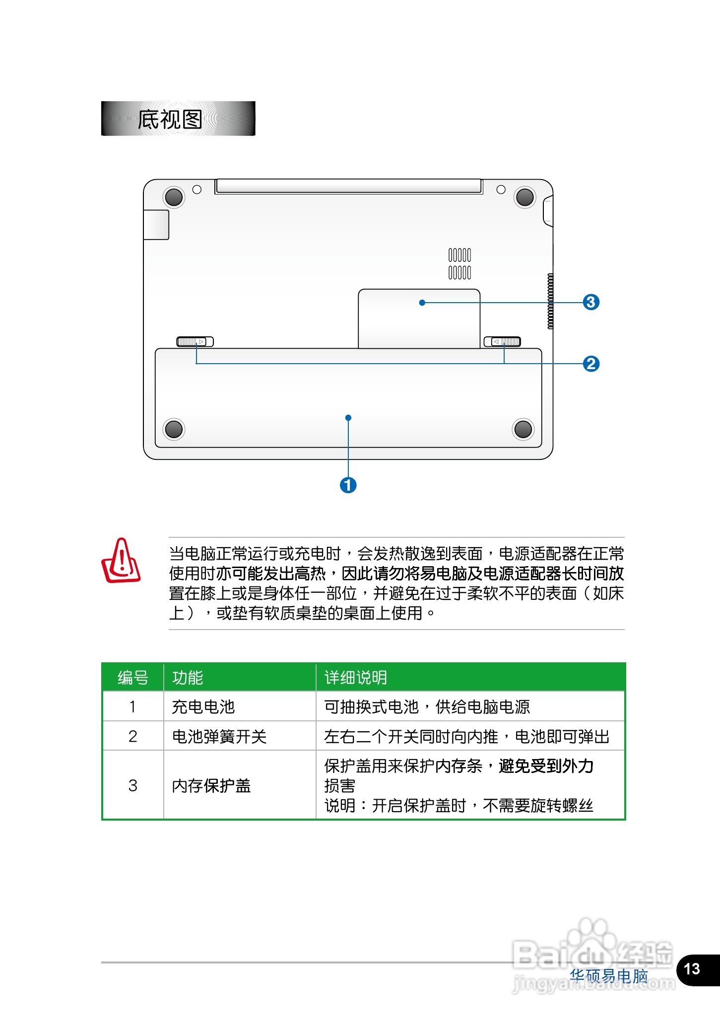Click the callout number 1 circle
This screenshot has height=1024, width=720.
(348, 485)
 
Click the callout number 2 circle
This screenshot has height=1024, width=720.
(590, 364)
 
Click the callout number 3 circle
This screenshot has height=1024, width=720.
(590, 302)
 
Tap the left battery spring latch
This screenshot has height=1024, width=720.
(195, 341)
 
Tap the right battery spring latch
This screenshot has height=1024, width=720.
(502, 341)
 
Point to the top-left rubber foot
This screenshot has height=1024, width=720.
(174, 197)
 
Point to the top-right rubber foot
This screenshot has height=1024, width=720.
(524, 197)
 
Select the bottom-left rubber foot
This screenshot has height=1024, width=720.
(174, 429)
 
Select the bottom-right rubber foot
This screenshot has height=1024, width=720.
(523, 429)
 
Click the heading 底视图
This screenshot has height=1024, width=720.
(170, 119)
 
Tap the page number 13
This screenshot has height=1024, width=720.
(692, 969)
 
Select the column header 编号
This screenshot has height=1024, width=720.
(132, 677)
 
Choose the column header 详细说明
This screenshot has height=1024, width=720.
(355, 677)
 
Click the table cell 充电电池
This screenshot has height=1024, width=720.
(203, 706)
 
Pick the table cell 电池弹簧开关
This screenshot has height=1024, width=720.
(219, 736)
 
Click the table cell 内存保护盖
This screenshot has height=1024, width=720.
(211, 785)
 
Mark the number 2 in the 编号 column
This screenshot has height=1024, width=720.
(132, 736)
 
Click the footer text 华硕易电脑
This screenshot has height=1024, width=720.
(608, 976)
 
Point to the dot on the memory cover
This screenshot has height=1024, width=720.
(422, 303)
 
